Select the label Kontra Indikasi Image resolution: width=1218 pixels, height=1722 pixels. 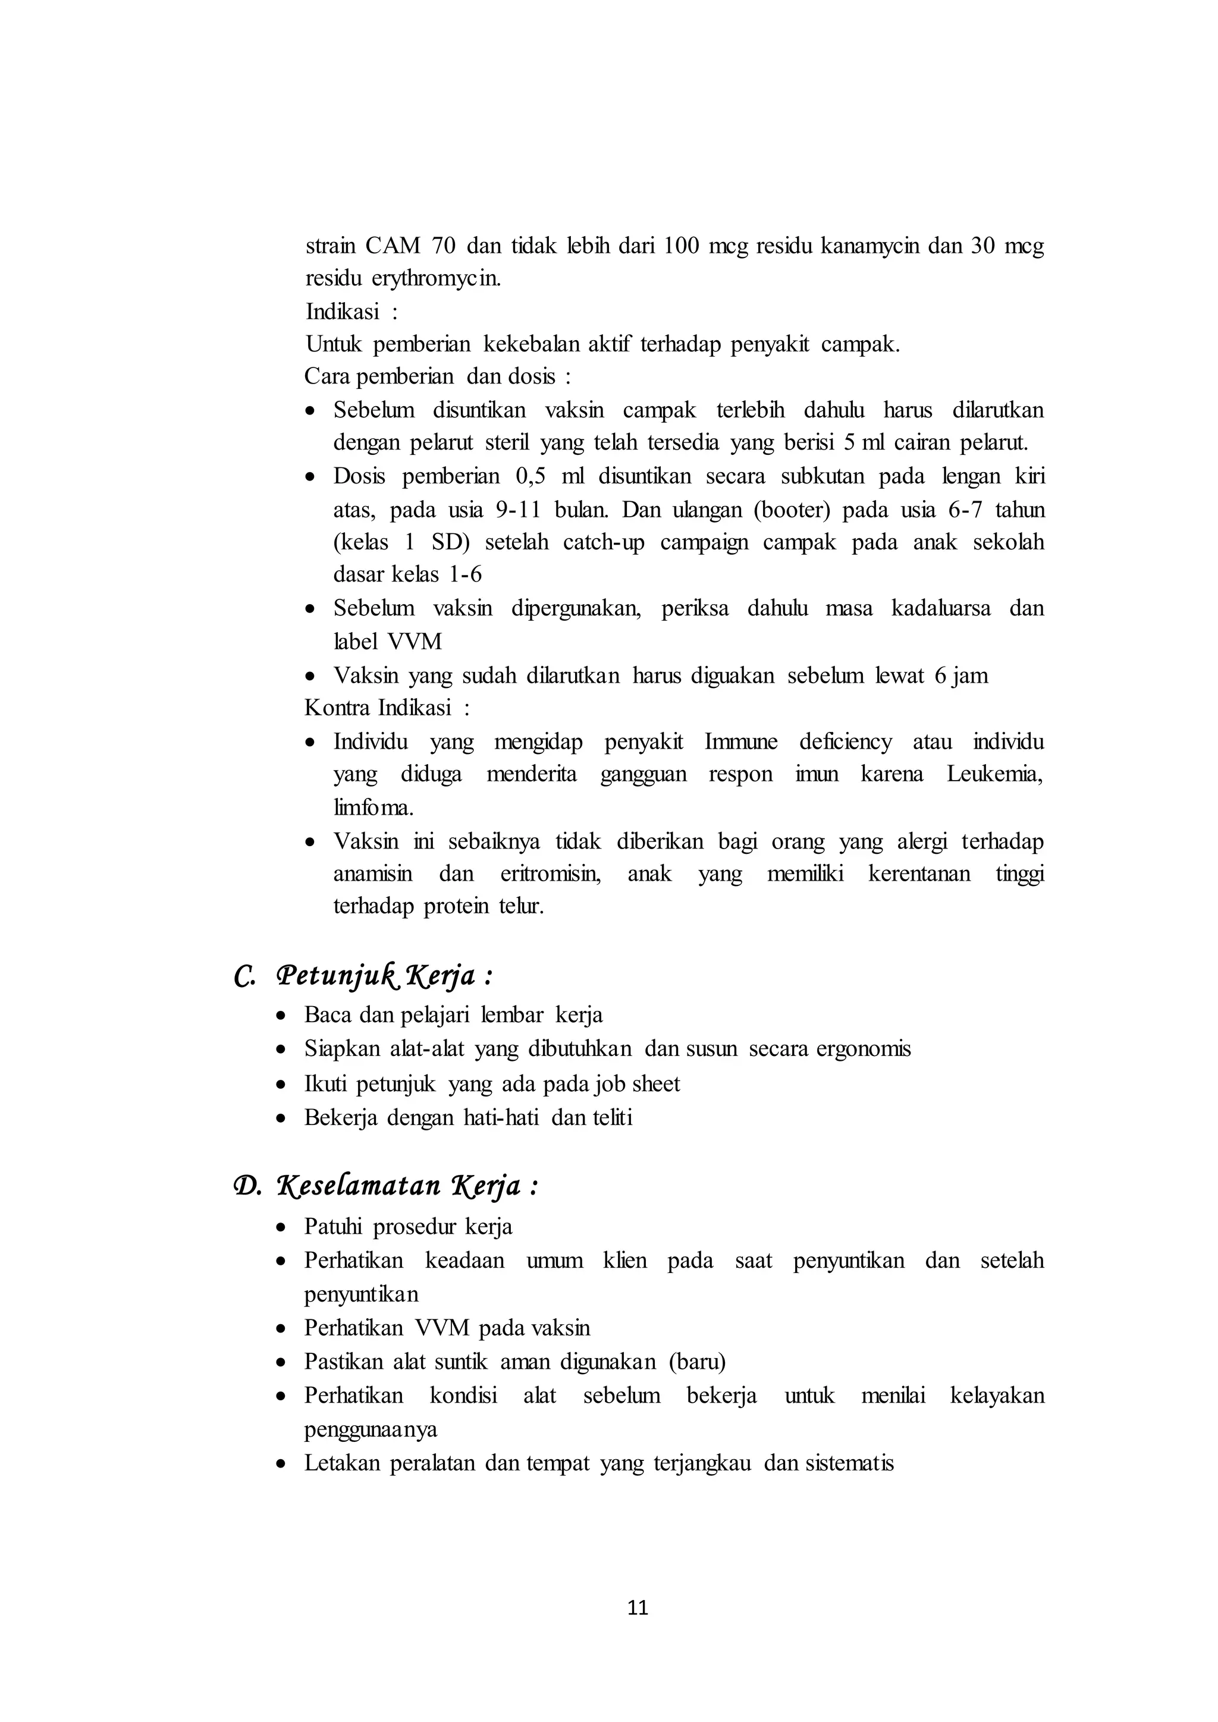(x=378, y=707)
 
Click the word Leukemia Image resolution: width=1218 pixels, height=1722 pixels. (x=994, y=774)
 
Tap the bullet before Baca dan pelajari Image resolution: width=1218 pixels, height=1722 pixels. (x=281, y=1016)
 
